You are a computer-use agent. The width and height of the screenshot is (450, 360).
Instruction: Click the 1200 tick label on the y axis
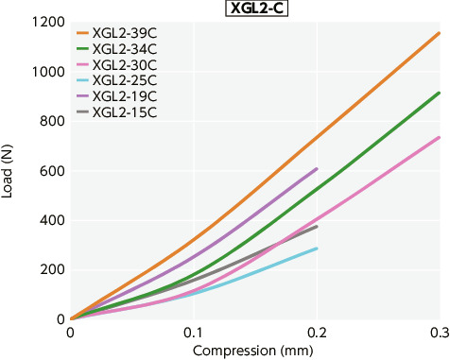tap(46, 23)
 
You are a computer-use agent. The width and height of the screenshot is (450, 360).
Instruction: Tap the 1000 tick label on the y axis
tap(46, 72)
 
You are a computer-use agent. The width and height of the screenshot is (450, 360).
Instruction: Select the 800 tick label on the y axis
tap(51, 121)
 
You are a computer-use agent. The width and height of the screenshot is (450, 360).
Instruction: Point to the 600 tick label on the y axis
tap(51, 171)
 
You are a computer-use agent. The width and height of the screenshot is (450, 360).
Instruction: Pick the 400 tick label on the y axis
tap(51, 220)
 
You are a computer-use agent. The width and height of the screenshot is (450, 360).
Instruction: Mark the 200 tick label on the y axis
tap(51, 269)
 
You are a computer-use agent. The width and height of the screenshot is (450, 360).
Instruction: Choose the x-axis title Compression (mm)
tap(254, 351)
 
